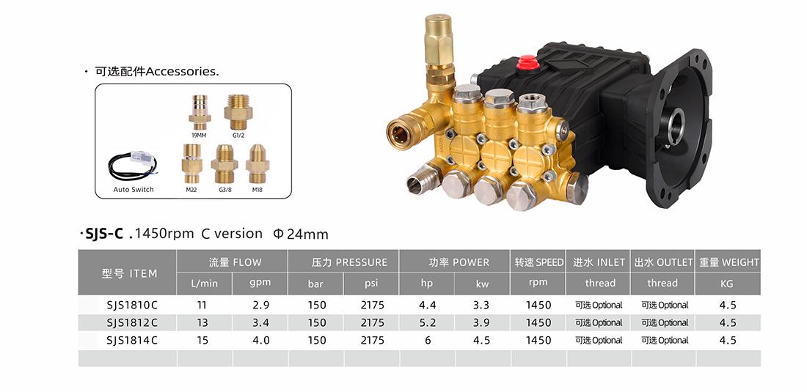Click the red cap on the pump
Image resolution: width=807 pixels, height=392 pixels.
coord(528,62)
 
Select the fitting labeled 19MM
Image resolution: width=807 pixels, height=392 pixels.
coord(199,113)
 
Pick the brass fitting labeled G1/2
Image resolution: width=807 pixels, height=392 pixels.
coord(238,111)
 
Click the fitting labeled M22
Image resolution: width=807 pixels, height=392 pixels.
coord(192,164)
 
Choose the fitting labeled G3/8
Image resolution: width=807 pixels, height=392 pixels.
coord(224,164)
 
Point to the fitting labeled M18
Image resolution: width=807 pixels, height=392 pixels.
coord(258,164)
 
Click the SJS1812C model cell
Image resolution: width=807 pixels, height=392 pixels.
coord(132,322)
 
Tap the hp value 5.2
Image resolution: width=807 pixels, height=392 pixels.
coord(427,322)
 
